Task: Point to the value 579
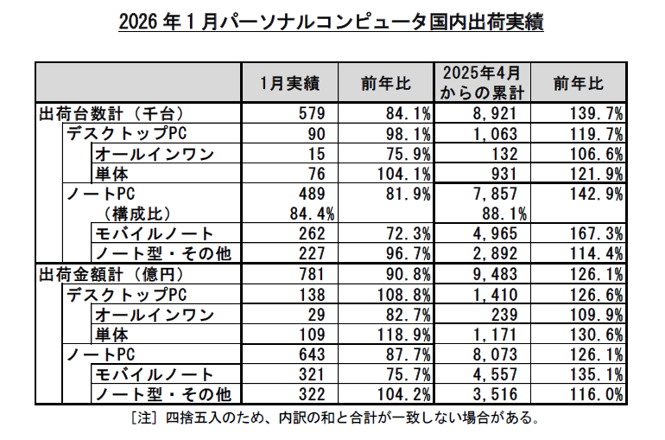pos(310,113)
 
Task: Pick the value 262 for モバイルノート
pos(310,233)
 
